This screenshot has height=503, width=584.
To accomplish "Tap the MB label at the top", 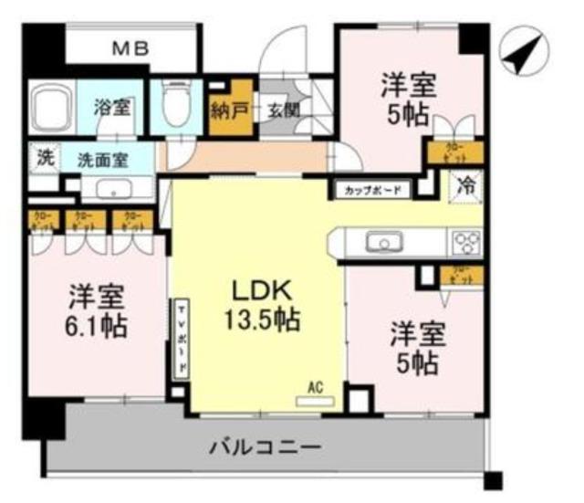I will pyautogui.click(x=130, y=49).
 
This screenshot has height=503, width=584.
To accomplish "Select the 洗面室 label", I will pyautogui.click(x=101, y=158).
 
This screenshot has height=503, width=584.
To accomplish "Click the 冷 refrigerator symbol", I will pyautogui.click(x=464, y=186).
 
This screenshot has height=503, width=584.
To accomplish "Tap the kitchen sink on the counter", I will pyautogui.click(x=381, y=242).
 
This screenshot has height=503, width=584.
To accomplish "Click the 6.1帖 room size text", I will pyautogui.click(x=95, y=327).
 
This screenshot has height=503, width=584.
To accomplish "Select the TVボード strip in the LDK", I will pyautogui.click(x=181, y=337).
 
